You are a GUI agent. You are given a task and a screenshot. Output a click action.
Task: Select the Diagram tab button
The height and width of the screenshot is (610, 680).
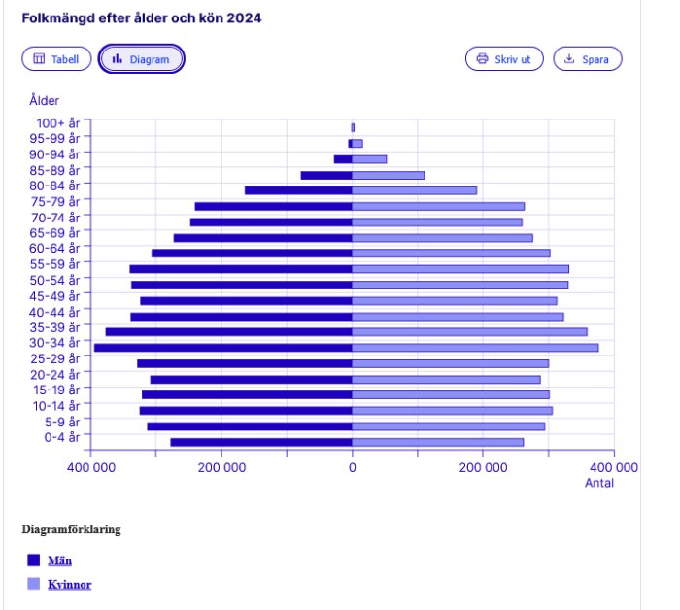point(141,59)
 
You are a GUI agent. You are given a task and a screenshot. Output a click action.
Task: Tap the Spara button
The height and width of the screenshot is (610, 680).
point(587,59)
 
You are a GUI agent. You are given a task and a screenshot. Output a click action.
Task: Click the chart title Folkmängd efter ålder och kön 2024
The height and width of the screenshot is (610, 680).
point(142,18)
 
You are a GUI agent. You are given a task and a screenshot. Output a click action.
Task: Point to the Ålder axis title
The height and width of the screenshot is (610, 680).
point(45,100)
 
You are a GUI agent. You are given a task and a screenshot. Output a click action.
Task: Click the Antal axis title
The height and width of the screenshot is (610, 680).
point(598,483)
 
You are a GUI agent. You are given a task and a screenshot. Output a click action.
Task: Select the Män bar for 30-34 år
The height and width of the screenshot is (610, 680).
point(222,348)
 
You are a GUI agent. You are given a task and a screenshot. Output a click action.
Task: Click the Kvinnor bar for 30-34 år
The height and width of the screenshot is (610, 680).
point(475,348)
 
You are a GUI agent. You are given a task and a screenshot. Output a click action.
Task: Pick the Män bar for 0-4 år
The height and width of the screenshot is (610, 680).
point(261,442)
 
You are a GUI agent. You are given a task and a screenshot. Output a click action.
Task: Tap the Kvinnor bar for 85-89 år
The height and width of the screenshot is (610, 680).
point(388,175)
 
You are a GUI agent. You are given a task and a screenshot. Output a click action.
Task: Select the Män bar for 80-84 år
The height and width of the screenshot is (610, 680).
point(298,190)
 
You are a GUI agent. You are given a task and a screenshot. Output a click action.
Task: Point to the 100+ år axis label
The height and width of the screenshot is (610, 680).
point(58,123)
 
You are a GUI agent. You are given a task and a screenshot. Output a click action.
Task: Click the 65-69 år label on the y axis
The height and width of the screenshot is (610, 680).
point(55,233)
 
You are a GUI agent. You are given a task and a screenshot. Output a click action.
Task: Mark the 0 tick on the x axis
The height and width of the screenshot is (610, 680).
point(353,467)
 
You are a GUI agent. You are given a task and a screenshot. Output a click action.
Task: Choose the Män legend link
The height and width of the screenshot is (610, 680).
point(59,560)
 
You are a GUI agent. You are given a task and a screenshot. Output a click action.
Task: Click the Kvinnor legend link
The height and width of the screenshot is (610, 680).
point(69,585)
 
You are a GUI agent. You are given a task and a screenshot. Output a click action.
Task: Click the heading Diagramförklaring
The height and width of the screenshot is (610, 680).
point(71,530)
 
